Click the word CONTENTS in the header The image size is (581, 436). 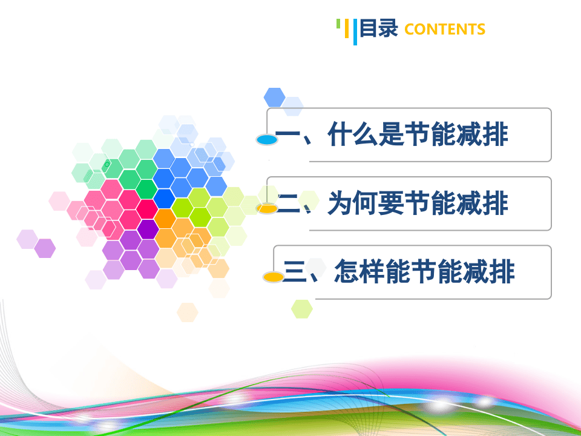[x=445, y=29]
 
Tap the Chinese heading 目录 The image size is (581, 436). [x=379, y=28]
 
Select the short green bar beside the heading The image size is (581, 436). [x=338, y=24]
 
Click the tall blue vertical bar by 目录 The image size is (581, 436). [x=355, y=32]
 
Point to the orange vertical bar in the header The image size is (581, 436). [x=347, y=28]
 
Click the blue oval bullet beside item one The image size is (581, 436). [x=267, y=140]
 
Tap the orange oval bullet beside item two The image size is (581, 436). [x=267, y=209]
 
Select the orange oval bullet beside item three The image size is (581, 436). [x=274, y=277]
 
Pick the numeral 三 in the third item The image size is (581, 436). [x=294, y=271]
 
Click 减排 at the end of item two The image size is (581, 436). [x=482, y=203]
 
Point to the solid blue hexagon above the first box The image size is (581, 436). [x=274, y=97]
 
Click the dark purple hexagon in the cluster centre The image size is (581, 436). [x=148, y=229]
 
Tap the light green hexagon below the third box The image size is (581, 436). [x=302, y=309]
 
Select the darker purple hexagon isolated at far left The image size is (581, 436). [x=45, y=248]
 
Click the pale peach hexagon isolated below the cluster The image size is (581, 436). [x=188, y=312]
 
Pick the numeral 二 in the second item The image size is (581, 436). [x=288, y=203]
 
